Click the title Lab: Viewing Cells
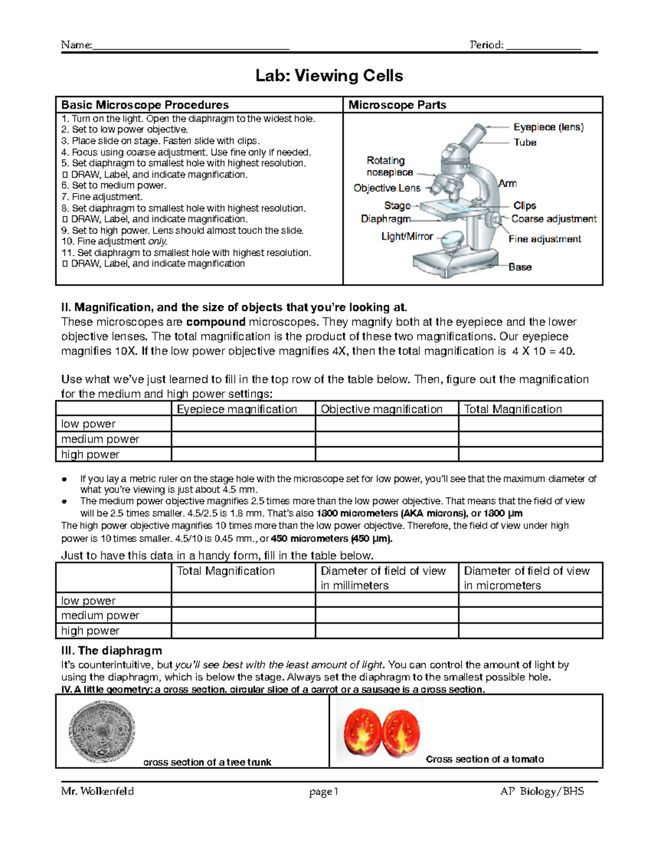tap(329, 76)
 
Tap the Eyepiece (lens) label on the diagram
tap(548, 127)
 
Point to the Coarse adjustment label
tap(553, 219)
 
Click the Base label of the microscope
tap(520, 267)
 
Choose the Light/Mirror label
tap(407, 236)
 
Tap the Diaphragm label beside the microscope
tap(386, 219)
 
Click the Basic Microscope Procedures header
tap(145, 105)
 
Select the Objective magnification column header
tap(381, 409)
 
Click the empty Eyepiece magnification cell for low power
tap(243, 424)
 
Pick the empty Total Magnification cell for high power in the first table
tap(530, 454)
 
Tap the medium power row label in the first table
tap(100, 439)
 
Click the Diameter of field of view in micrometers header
tap(527, 578)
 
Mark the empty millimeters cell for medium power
tap(386, 616)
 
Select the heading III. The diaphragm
tap(112, 650)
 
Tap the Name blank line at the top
tap(190, 46)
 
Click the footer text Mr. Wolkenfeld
tap(98, 791)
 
